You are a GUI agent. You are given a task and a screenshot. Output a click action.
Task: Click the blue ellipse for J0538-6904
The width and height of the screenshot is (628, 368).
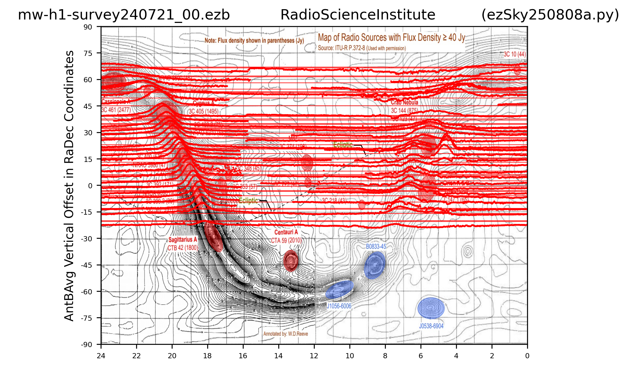point(431,308)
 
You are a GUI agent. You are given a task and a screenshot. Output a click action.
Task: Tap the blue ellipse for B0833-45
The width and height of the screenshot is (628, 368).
point(375,265)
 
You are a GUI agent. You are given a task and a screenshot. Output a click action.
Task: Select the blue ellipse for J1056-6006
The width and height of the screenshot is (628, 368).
point(340,289)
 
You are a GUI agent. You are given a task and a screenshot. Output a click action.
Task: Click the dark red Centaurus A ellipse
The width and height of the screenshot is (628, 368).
point(291,261)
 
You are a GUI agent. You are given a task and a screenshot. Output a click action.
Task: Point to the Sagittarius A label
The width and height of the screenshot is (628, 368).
point(183,240)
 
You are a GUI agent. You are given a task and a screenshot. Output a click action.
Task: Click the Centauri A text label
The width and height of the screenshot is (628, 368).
point(286,232)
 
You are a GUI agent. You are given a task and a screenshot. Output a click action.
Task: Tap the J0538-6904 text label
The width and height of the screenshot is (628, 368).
point(431,326)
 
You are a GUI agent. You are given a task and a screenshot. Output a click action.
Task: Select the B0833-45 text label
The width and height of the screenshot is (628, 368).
point(376,246)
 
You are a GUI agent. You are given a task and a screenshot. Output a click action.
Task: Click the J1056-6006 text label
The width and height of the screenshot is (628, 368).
point(339,306)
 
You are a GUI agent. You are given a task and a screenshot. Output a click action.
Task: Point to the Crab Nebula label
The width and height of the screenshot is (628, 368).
point(404,102)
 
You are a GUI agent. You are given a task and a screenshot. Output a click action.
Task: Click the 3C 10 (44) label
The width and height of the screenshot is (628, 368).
point(515,54)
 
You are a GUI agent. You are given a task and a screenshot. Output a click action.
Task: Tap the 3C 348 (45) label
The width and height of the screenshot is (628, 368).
point(248,168)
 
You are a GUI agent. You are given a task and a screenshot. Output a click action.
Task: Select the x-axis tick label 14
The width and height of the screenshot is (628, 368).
point(278,356)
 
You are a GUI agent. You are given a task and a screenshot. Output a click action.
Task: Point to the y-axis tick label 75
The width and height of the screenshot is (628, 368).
point(88,53)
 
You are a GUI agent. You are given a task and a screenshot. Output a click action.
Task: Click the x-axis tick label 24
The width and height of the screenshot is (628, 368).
point(101,356)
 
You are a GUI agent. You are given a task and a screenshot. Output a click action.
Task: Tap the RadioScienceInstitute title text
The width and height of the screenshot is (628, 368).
point(358,15)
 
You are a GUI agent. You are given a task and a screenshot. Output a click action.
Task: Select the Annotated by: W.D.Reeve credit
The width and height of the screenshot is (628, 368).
point(286,334)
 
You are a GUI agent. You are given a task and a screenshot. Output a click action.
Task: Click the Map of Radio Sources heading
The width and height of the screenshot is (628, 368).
point(392,38)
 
